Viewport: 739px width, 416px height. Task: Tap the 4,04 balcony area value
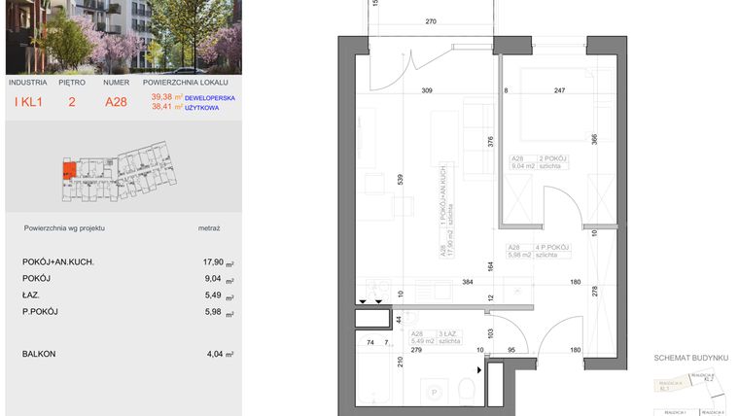click(x=214, y=354)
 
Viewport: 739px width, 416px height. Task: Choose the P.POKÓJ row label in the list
click(x=40, y=311)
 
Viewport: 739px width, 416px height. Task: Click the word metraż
click(x=208, y=227)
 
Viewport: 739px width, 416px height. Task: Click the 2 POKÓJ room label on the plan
click(x=553, y=157)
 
